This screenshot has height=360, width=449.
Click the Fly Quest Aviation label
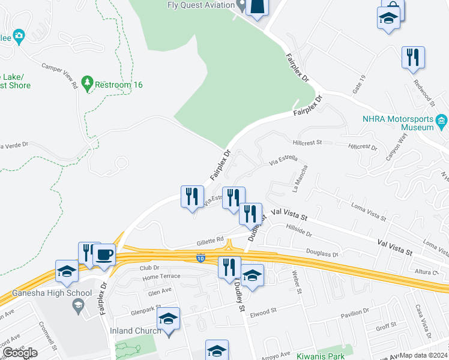click(200, 5)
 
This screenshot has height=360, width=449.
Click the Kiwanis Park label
click(321, 356)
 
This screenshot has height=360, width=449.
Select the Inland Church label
click(135, 331)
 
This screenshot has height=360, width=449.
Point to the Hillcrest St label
click(308, 143)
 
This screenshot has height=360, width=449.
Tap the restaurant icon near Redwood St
click(413, 58)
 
